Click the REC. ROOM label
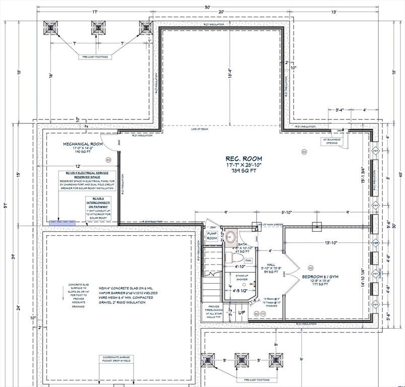pos(241,159)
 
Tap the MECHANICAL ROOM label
pos(83,144)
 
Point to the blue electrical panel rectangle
pos(62,222)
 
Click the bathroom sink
pos(231,235)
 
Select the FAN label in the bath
pos(248,261)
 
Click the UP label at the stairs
pos(242,312)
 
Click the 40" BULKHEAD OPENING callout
pos(333,141)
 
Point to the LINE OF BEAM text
pos(199,130)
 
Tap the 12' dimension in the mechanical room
pos(78,166)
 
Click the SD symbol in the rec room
pos(304,151)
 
